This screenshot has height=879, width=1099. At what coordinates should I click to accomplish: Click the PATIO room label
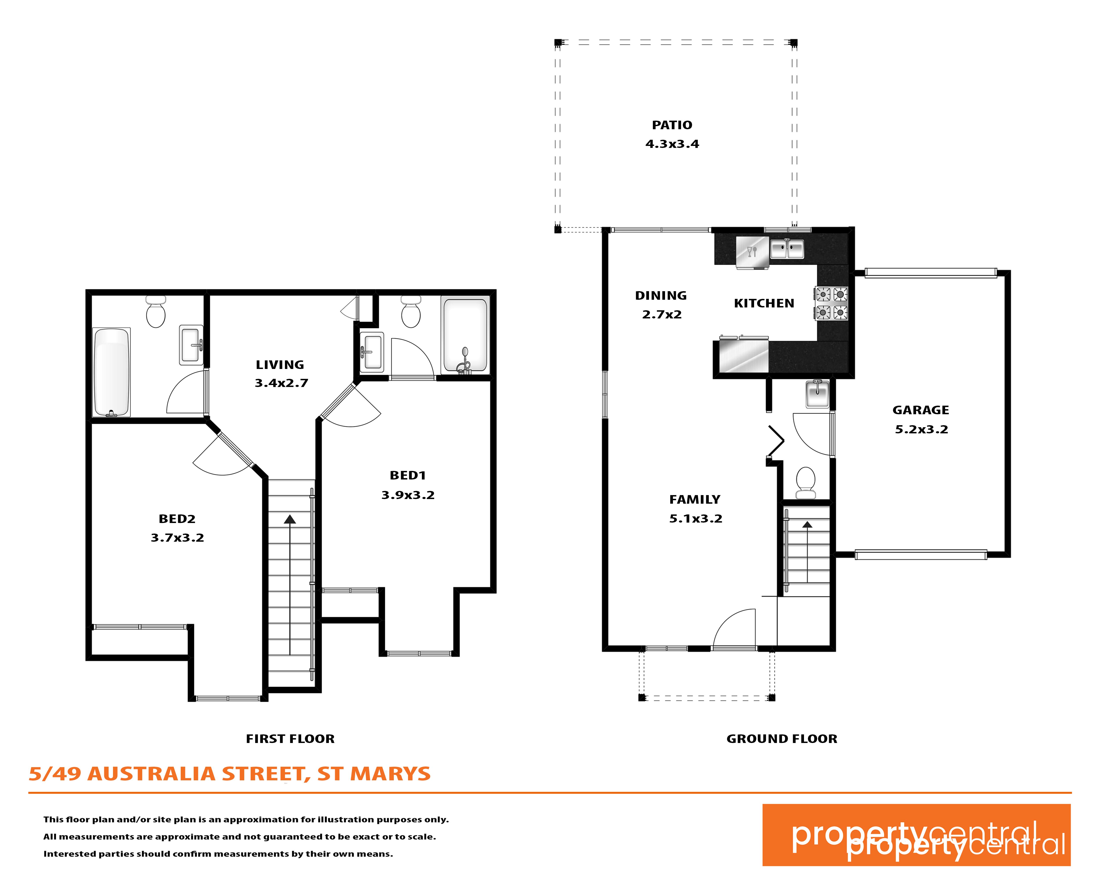click(x=672, y=125)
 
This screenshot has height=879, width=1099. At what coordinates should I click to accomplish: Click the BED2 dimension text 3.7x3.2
click(x=177, y=538)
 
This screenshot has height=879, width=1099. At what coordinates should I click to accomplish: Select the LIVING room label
click(x=280, y=365)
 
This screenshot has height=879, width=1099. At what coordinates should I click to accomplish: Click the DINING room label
click(x=661, y=296)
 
